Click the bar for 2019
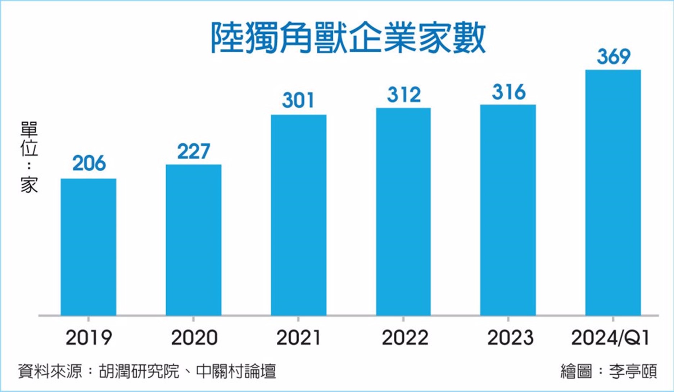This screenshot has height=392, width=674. [88, 247]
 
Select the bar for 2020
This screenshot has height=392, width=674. [194, 240]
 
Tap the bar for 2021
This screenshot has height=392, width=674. [299, 215]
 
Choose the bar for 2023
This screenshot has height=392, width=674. [508, 210]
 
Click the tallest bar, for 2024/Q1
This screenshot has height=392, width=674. [613, 192]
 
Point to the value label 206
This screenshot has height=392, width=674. [89, 163]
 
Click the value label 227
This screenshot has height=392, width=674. [194, 151]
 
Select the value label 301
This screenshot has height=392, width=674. [298, 100]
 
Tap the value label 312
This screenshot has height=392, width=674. [404, 95]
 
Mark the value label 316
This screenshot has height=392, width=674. [509, 92]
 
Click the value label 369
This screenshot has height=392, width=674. [614, 56]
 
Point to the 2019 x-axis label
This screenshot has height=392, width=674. [89, 338]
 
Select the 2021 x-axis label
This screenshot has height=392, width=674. [298, 338]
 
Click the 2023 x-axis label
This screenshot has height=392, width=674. [510, 338]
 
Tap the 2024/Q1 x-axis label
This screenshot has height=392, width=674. [610, 338]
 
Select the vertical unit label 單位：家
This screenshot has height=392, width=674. [29, 157]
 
